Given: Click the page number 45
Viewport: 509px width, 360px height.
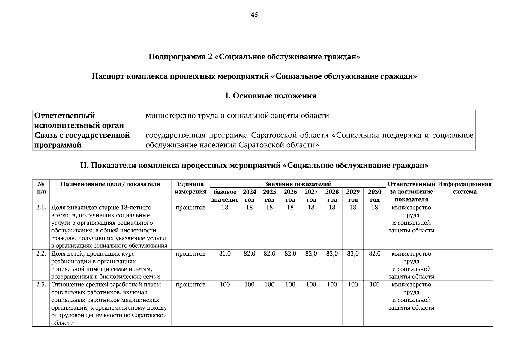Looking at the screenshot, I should pos(254,15).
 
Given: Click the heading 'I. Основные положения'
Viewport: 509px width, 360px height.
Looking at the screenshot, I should pos(271,96).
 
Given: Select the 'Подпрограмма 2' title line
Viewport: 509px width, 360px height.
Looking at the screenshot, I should pos(254,57).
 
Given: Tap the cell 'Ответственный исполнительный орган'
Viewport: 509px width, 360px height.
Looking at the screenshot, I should pos(79,120).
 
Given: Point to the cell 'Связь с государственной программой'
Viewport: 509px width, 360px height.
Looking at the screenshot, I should pos(82,140).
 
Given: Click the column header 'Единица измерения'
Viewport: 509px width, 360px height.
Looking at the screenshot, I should pos(190,188).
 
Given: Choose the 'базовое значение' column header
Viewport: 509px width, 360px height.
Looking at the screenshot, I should pos(225,196).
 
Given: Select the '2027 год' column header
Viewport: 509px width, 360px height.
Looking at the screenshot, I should pos(311,196).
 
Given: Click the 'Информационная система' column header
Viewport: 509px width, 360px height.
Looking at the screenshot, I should pos(465,188).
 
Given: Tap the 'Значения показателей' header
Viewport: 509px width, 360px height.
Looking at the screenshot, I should pos(298,184).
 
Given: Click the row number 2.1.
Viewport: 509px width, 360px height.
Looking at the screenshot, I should pos(41,208).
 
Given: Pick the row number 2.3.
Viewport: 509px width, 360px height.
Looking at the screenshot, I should pos(41,285).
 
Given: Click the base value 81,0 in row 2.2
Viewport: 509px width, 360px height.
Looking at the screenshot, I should pos(225,254).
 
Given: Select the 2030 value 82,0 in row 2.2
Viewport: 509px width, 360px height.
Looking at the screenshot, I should pos(375,254).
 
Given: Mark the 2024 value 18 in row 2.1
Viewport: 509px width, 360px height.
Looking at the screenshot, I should pos(249,208).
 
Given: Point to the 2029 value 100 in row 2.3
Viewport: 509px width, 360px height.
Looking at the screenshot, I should pos(353,285).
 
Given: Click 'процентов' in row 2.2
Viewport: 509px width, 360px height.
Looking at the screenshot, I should pos(190,254).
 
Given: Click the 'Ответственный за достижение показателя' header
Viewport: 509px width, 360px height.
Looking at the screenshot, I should pos(411,192).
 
